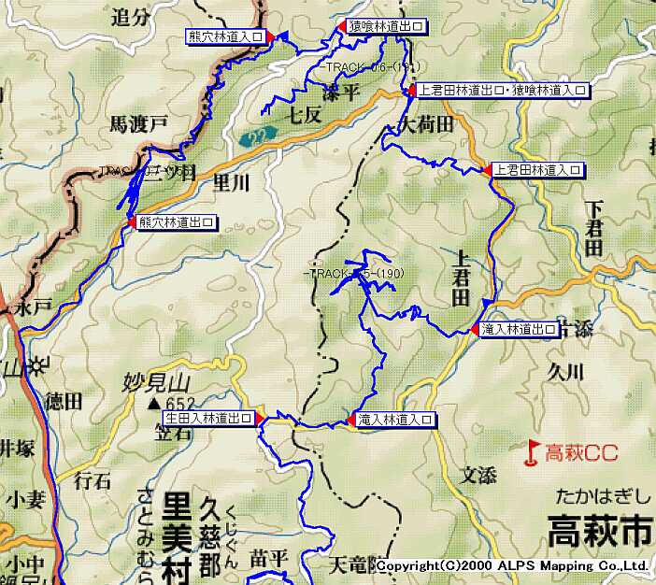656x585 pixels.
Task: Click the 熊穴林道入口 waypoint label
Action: click(225, 36)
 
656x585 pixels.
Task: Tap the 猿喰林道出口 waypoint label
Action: click(386, 27)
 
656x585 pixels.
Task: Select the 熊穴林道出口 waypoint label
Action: click(178, 222)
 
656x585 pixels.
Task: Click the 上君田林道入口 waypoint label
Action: click(538, 170)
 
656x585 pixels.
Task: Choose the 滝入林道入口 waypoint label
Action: click(396, 421)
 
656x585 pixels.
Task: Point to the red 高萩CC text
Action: click(581, 453)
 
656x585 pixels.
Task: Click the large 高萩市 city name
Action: click(599, 531)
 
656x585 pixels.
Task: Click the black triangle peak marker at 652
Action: click(153, 403)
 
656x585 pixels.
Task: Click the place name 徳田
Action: click(64, 402)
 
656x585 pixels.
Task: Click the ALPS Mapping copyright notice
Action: click(513, 566)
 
